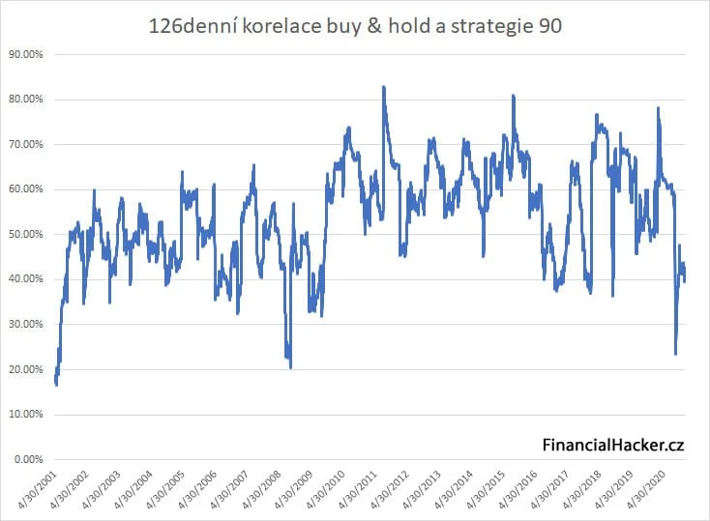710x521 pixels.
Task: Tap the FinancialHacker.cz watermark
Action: click(612, 445)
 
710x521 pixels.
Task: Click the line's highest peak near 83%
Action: click(384, 87)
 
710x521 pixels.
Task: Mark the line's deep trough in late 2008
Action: click(290, 366)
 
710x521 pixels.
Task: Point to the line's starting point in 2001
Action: click(56, 383)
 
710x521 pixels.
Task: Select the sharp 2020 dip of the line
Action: click(675, 354)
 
